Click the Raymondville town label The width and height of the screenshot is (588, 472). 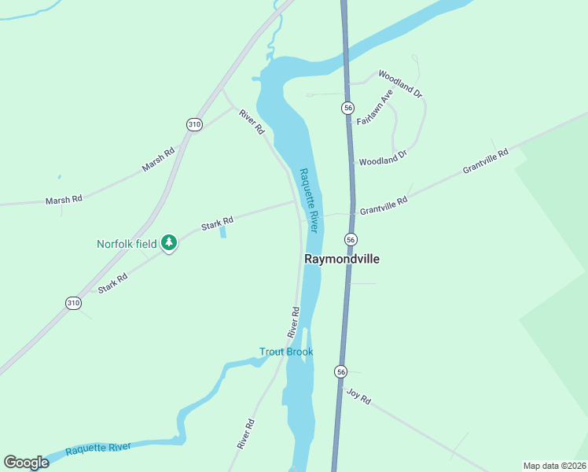[x=336, y=258]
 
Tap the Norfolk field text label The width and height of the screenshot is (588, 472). [x=127, y=244]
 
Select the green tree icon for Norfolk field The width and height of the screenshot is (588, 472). [x=168, y=243]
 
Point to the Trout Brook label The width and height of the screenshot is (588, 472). [x=286, y=352]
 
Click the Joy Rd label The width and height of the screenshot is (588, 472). [x=358, y=396]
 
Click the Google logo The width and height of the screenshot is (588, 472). [x=26, y=463]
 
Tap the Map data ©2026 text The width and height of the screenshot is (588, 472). [x=554, y=466]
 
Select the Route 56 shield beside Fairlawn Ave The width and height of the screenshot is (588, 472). [x=347, y=107]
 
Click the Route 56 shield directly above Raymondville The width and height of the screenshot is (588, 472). [x=351, y=239]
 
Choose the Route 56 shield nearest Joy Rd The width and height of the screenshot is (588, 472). [x=340, y=371]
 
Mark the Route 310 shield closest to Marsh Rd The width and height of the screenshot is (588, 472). [x=194, y=124]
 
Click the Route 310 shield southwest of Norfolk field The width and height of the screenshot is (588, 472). [x=73, y=303]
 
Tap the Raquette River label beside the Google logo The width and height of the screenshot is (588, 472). [x=98, y=448]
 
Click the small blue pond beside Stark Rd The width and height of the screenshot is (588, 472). [x=223, y=231]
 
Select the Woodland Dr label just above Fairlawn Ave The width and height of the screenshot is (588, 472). [x=401, y=83]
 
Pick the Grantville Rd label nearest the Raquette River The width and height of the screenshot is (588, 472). [x=384, y=206]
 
